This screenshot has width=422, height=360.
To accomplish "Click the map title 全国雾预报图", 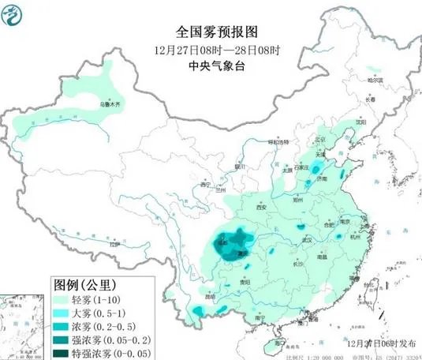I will (x=207, y=32).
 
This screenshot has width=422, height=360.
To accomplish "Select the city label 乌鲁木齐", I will (x=109, y=103).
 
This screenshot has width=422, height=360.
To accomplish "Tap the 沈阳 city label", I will (x=361, y=123).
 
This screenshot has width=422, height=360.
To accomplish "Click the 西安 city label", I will (x=263, y=208).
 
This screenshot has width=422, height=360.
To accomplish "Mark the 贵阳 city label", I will (x=245, y=281).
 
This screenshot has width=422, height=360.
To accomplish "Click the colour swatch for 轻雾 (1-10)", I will (x=62, y=300).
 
